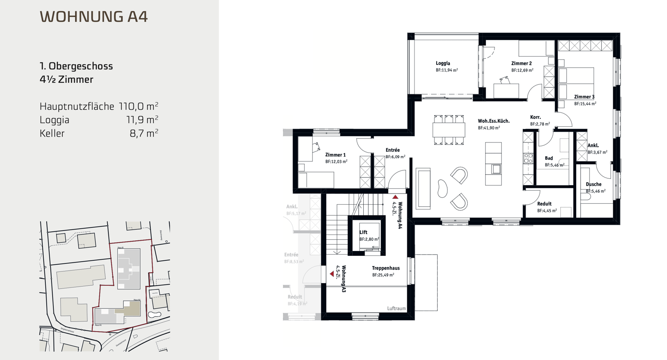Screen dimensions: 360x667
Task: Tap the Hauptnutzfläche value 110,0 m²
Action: (x=139, y=107)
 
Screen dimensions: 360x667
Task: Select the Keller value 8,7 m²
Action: (x=145, y=133)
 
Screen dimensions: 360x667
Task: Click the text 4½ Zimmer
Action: (x=66, y=80)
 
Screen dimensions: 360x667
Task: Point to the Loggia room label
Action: (x=443, y=63)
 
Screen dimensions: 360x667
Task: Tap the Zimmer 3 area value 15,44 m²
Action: (x=585, y=104)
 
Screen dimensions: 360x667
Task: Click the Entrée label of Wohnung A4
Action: (x=393, y=150)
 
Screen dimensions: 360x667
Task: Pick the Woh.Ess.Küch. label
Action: (x=494, y=121)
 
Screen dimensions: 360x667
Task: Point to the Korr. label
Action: (x=535, y=117)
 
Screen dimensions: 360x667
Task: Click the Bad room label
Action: (x=549, y=158)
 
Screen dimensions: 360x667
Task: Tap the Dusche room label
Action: (x=593, y=184)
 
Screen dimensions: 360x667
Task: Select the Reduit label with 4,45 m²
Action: (x=545, y=204)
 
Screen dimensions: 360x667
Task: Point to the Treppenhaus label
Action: (x=385, y=268)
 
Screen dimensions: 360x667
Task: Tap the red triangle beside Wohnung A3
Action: (x=332, y=275)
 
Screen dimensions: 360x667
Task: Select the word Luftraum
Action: (x=396, y=308)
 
